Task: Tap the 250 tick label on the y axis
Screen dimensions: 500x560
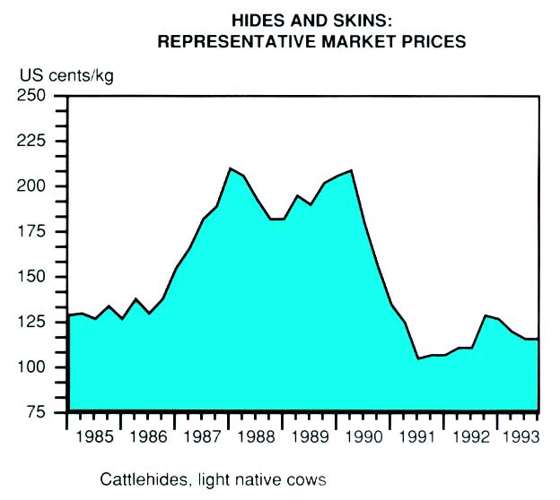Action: click(34, 96)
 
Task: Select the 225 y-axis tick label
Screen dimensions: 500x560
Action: click(34, 141)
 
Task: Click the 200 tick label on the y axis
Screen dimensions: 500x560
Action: click(34, 186)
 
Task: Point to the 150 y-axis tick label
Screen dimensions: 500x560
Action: click(34, 277)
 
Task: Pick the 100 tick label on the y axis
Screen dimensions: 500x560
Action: click(34, 367)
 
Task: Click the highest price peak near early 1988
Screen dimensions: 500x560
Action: click(231, 168)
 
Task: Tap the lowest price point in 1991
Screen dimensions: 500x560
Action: click(418, 358)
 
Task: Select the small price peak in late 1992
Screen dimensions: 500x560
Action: click(486, 315)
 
